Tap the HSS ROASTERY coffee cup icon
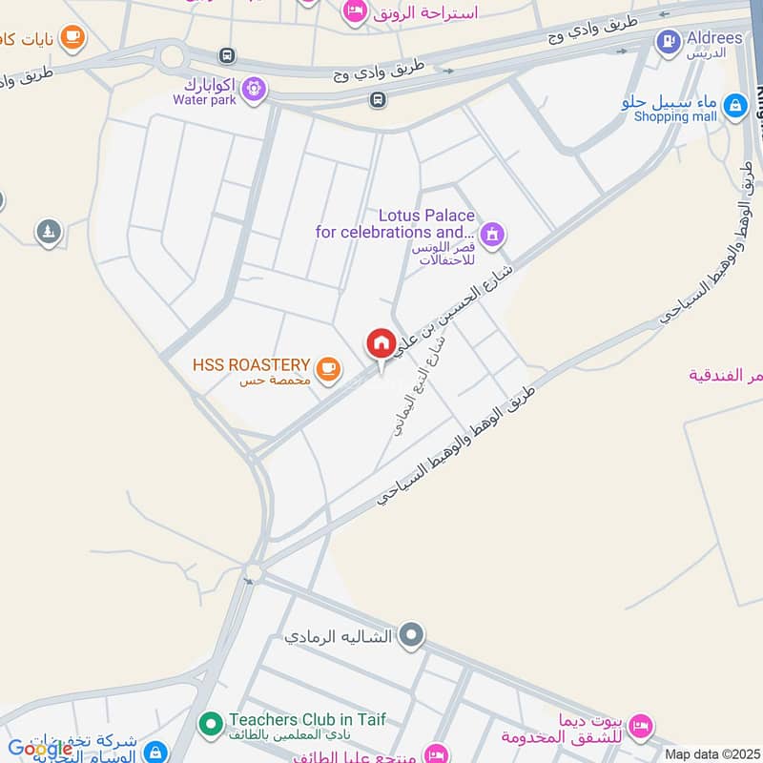tap(327, 367)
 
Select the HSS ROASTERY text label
tap(251, 364)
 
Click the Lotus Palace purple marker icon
tap(492, 234)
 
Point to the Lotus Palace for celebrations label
tap(396, 224)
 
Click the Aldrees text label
tap(713, 37)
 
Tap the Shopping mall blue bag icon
tap(734, 106)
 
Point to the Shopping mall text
tap(675, 116)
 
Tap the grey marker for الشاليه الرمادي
tap(411, 634)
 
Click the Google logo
tap(39, 748)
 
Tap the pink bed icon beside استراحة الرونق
tap(355, 10)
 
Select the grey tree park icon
tap(49, 231)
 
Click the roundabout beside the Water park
tap(172, 57)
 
